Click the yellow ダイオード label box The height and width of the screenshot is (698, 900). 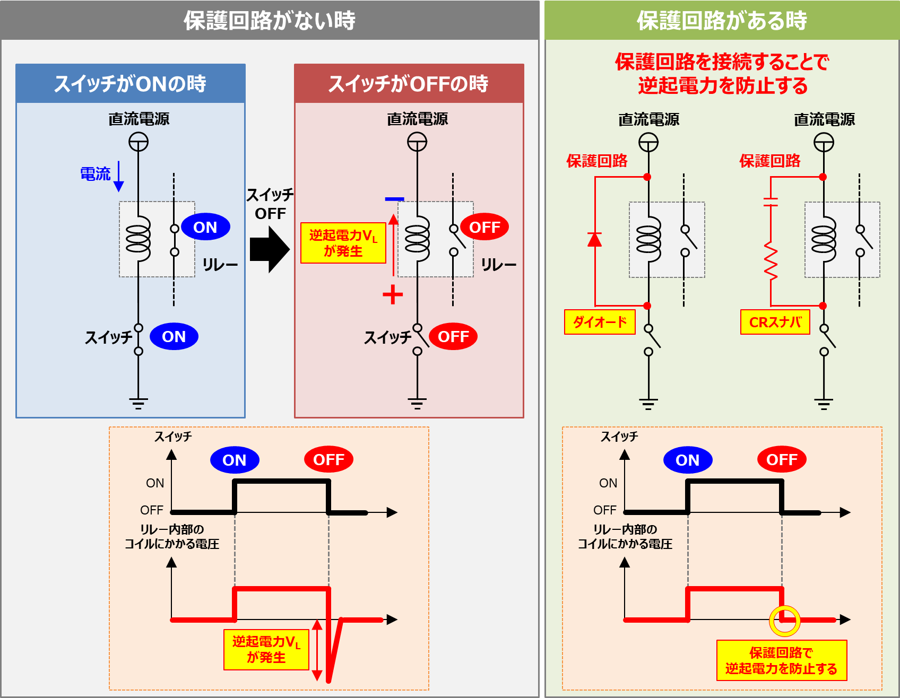pos(600,322)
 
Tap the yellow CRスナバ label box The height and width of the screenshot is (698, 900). pos(775,322)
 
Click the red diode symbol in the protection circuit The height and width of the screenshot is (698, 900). pos(595,240)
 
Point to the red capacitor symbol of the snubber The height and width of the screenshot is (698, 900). pos(771,202)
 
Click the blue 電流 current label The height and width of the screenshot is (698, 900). pos(95,174)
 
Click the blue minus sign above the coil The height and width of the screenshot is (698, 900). pos(394,199)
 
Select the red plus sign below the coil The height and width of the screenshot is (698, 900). pos(393,294)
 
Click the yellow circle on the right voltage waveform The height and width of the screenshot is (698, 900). pos(785,621)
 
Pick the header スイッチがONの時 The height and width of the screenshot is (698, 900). pos(131,84)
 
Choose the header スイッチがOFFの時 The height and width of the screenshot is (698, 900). pos(409,84)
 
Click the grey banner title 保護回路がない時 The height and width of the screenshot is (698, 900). pos(270,20)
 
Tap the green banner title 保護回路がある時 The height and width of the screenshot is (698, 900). pos(722,20)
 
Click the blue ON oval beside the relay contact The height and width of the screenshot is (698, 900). pos(205,227)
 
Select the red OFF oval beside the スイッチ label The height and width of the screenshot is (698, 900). pos(453,336)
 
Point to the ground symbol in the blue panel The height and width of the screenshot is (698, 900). pos(139,404)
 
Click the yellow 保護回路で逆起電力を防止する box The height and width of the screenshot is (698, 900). pos(781,660)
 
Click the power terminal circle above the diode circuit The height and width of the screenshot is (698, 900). pos(648,142)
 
